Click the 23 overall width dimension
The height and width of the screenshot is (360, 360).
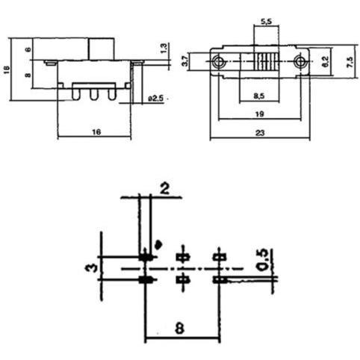coord(260,133)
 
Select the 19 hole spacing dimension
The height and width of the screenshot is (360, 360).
coord(260,114)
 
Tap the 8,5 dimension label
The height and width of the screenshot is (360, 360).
coord(259,96)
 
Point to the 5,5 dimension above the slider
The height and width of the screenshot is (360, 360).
coord(266,22)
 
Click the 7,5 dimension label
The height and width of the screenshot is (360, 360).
coord(350,62)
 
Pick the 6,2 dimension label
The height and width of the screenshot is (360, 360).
coord(325,62)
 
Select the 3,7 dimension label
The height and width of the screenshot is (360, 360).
coord(185,61)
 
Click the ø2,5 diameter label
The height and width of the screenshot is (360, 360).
coord(156,99)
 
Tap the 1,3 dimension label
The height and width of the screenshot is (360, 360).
coord(164,48)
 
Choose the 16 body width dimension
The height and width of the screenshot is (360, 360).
coord(96,131)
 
